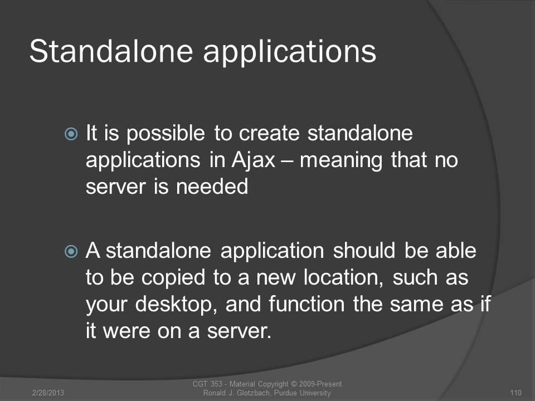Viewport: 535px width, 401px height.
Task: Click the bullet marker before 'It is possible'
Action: point(71,134)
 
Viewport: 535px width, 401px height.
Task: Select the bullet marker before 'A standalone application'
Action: point(71,252)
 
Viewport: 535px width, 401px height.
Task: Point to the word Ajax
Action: point(253,160)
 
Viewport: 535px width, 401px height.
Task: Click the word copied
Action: point(173,278)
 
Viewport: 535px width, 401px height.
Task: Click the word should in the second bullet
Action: point(364,251)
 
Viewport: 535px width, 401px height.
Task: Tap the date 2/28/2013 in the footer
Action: point(48,393)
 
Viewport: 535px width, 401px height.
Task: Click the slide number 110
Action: point(515,393)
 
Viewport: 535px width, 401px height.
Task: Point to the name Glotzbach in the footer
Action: point(252,393)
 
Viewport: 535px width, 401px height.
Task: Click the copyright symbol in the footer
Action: point(294,384)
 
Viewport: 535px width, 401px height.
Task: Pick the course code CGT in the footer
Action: point(200,384)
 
